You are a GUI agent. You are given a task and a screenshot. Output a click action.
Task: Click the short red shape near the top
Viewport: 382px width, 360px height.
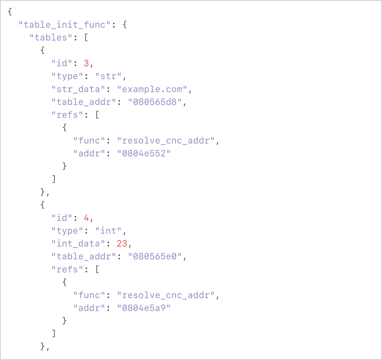coord(86,58)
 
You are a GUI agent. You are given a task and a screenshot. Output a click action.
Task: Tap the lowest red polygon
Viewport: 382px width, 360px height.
coord(121,243)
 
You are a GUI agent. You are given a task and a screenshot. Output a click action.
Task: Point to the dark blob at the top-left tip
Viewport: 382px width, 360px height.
coord(12,13)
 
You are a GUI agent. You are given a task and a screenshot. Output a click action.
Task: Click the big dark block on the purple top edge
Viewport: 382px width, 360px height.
coord(131,33)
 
